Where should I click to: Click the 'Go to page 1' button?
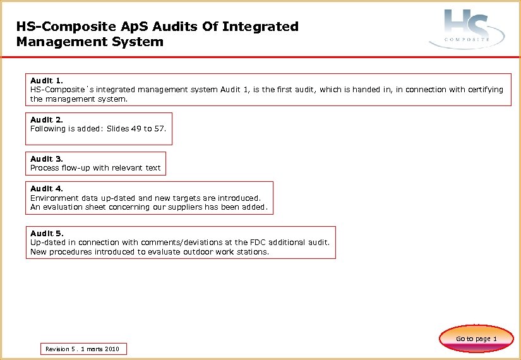[476, 339]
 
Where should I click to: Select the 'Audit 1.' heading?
[47, 81]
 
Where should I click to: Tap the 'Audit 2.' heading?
[47, 119]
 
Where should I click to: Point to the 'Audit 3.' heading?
[47, 159]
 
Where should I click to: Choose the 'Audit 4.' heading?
[47, 188]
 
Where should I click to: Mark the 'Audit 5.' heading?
[47, 233]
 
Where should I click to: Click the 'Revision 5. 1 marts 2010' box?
[82, 349]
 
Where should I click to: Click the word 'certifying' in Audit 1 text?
[484, 90]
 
